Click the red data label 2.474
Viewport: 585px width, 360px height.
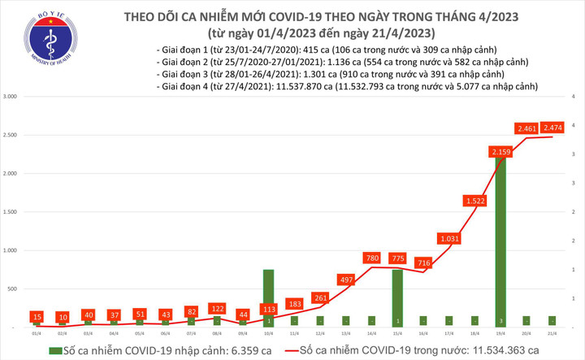(x=556, y=128)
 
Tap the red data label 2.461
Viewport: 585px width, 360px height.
(x=529, y=128)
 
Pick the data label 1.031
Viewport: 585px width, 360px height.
(x=450, y=239)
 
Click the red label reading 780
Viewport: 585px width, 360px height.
(x=371, y=258)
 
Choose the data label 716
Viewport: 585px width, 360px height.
(x=423, y=263)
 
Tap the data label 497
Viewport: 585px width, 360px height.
(x=345, y=280)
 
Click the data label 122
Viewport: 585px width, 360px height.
(x=217, y=309)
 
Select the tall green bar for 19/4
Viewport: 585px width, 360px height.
(x=503, y=244)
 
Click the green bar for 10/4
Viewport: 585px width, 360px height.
(x=267, y=297)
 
